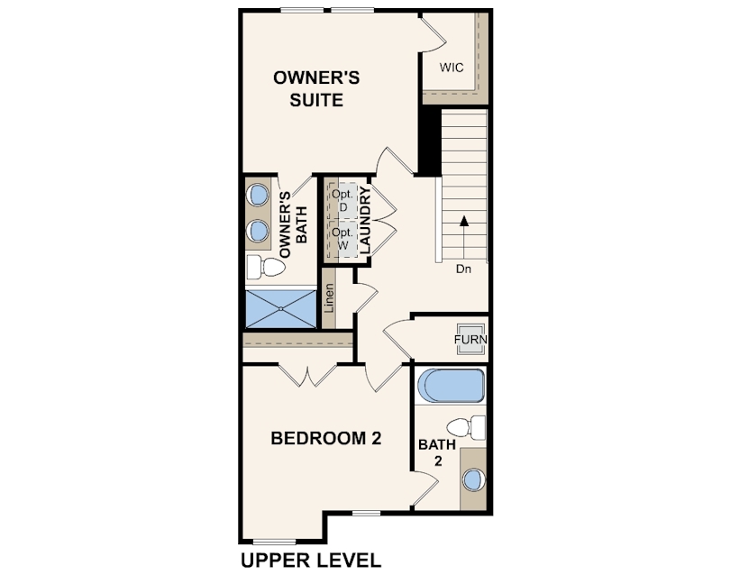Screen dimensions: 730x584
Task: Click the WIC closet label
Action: click(x=452, y=68)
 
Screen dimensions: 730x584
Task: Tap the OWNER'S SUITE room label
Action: click(x=316, y=88)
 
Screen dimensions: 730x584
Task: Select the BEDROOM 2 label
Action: click(x=326, y=438)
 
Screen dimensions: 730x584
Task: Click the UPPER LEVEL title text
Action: click(x=311, y=561)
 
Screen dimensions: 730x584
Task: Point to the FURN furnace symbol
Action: click(x=470, y=339)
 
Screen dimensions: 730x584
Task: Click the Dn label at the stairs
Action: click(x=463, y=269)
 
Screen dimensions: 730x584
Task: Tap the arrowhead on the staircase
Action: click(x=464, y=221)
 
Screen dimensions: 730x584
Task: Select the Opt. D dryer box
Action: click(x=342, y=201)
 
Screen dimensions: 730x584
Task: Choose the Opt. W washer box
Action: click(x=342, y=239)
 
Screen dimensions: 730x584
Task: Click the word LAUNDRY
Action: click(x=365, y=220)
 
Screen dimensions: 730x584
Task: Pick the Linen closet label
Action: click(x=329, y=298)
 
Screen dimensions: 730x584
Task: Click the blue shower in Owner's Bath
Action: click(x=280, y=309)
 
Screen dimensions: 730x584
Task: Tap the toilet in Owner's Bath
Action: click(x=265, y=268)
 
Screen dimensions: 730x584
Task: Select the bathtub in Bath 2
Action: click(x=451, y=386)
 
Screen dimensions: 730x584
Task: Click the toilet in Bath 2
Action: click(x=466, y=427)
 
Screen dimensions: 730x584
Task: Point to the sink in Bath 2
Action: click(x=473, y=480)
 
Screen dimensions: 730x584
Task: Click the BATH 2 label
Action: click(x=437, y=452)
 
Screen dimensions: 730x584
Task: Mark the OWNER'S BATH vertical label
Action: click(x=293, y=224)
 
